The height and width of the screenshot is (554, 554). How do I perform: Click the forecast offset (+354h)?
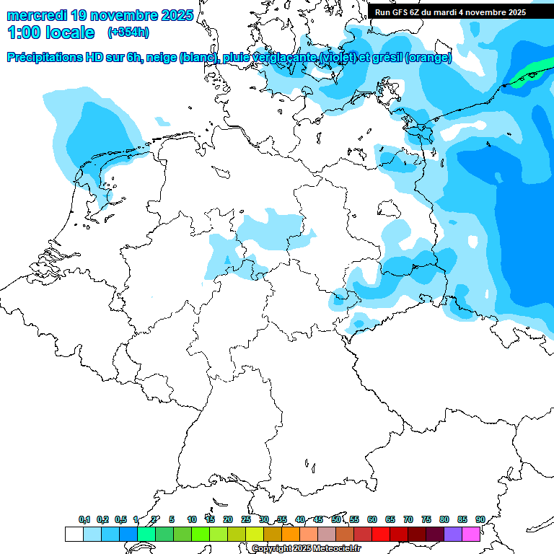(x=128, y=32)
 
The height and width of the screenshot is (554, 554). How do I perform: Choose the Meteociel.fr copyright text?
(x=306, y=548)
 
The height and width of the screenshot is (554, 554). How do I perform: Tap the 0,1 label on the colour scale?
(x=84, y=519)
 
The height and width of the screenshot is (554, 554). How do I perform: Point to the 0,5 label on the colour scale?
(x=120, y=519)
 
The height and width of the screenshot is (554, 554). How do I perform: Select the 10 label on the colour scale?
(x=191, y=519)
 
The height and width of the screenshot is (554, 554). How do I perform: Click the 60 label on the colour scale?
(x=371, y=519)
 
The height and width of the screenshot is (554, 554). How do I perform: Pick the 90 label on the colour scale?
(x=480, y=519)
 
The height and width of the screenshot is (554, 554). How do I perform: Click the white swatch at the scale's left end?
(x=74, y=534)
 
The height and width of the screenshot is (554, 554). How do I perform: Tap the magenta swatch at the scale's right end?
(x=470, y=534)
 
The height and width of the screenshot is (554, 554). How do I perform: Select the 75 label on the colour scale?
(x=426, y=519)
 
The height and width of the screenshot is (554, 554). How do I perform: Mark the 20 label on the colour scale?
(x=227, y=519)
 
